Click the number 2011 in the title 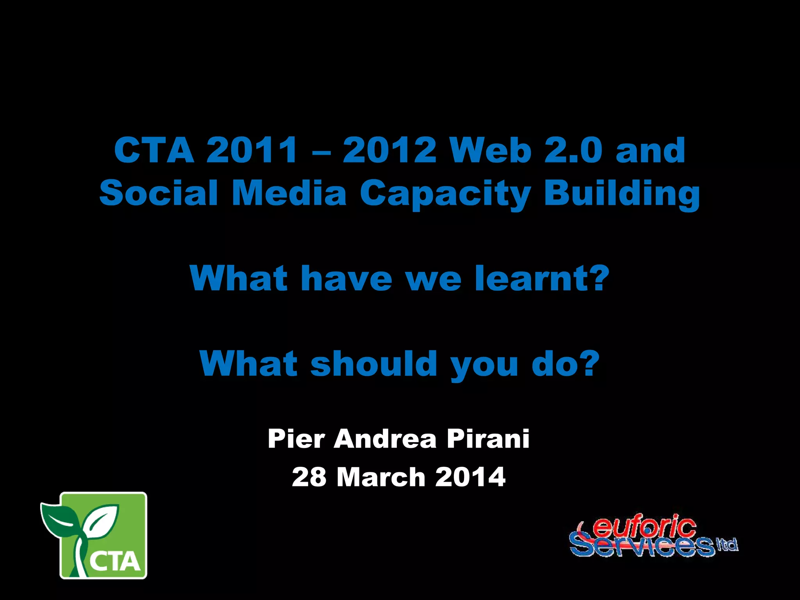[x=252, y=150]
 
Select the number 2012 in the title [x=389, y=150]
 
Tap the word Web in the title [x=490, y=150]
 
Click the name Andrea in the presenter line [x=385, y=439]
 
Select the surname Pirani [x=488, y=439]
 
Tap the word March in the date [x=381, y=477]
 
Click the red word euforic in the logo [x=645, y=527]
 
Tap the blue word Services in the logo [x=641, y=546]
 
